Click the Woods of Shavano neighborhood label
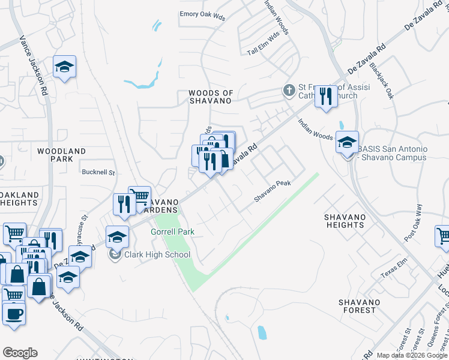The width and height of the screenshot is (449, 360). (209, 97)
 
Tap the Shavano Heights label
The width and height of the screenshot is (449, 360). (344, 220)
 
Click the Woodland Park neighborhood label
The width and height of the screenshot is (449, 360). (61, 155)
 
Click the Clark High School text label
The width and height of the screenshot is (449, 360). (157, 254)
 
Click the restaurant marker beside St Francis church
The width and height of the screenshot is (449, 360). (326, 96)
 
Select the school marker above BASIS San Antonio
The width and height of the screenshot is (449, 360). (347, 143)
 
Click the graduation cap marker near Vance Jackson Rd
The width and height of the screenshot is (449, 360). (64, 67)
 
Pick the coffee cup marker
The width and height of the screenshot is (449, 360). (14, 314)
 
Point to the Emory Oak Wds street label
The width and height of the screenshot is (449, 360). (202, 16)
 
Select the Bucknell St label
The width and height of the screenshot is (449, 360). (98, 172)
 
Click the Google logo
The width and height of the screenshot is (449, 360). (20, 353)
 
